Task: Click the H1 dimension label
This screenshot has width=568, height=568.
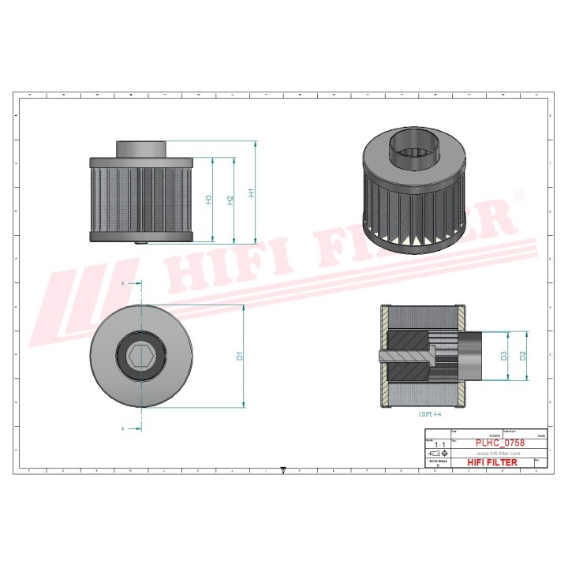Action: [251, 192]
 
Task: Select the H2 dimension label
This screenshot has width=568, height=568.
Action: [230, 200]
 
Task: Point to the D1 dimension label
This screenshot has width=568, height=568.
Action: [239, 356]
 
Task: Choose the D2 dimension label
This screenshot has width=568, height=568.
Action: [522, 356]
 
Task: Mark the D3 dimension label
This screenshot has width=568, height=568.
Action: [503, 356]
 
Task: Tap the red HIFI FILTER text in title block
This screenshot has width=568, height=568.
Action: [493, 462]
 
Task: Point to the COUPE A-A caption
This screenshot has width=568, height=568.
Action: [430, 413]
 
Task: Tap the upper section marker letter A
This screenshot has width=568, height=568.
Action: [122, 282]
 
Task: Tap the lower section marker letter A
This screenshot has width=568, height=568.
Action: [122, 428]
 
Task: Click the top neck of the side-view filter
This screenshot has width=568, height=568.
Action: [142, 148]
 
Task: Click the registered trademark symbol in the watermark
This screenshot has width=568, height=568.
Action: [518, 193]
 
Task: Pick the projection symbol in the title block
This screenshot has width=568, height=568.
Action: [436, 455]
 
